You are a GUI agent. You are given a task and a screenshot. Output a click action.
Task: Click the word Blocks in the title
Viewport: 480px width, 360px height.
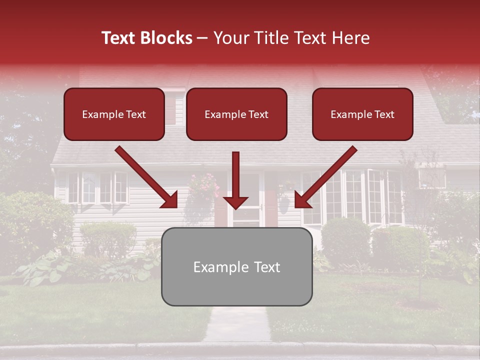point(166,38)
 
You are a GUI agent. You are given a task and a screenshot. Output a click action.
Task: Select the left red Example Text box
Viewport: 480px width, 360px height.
point(114,114)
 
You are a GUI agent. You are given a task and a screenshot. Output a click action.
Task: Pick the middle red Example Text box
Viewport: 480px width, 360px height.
point(236,114)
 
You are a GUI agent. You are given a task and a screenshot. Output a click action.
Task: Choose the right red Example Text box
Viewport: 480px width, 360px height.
point(362,114)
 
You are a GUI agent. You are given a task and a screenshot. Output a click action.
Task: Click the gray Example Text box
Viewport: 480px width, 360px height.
point(236,266)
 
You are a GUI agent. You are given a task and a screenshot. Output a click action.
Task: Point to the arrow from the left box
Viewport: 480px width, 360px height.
point(146,177)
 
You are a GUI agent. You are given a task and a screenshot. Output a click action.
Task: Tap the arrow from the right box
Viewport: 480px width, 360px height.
point(326,177)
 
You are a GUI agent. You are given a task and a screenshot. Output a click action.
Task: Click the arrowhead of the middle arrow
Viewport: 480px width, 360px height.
point(236,202)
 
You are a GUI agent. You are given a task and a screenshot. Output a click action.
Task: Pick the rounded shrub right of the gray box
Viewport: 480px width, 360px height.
point(345,240)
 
